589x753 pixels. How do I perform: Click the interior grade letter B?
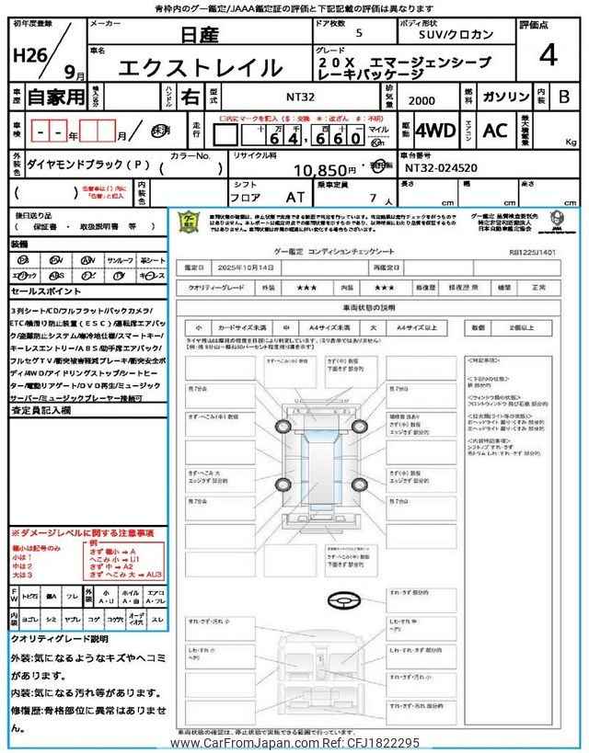564,97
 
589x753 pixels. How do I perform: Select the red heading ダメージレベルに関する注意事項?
84,533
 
